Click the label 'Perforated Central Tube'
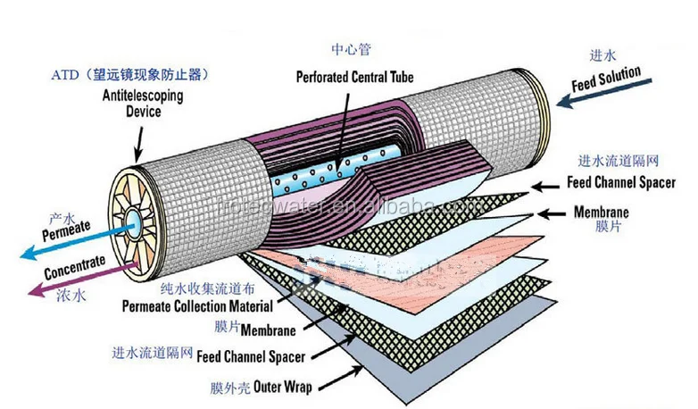(x=355, y=77)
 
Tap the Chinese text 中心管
(x=350, y=49)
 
